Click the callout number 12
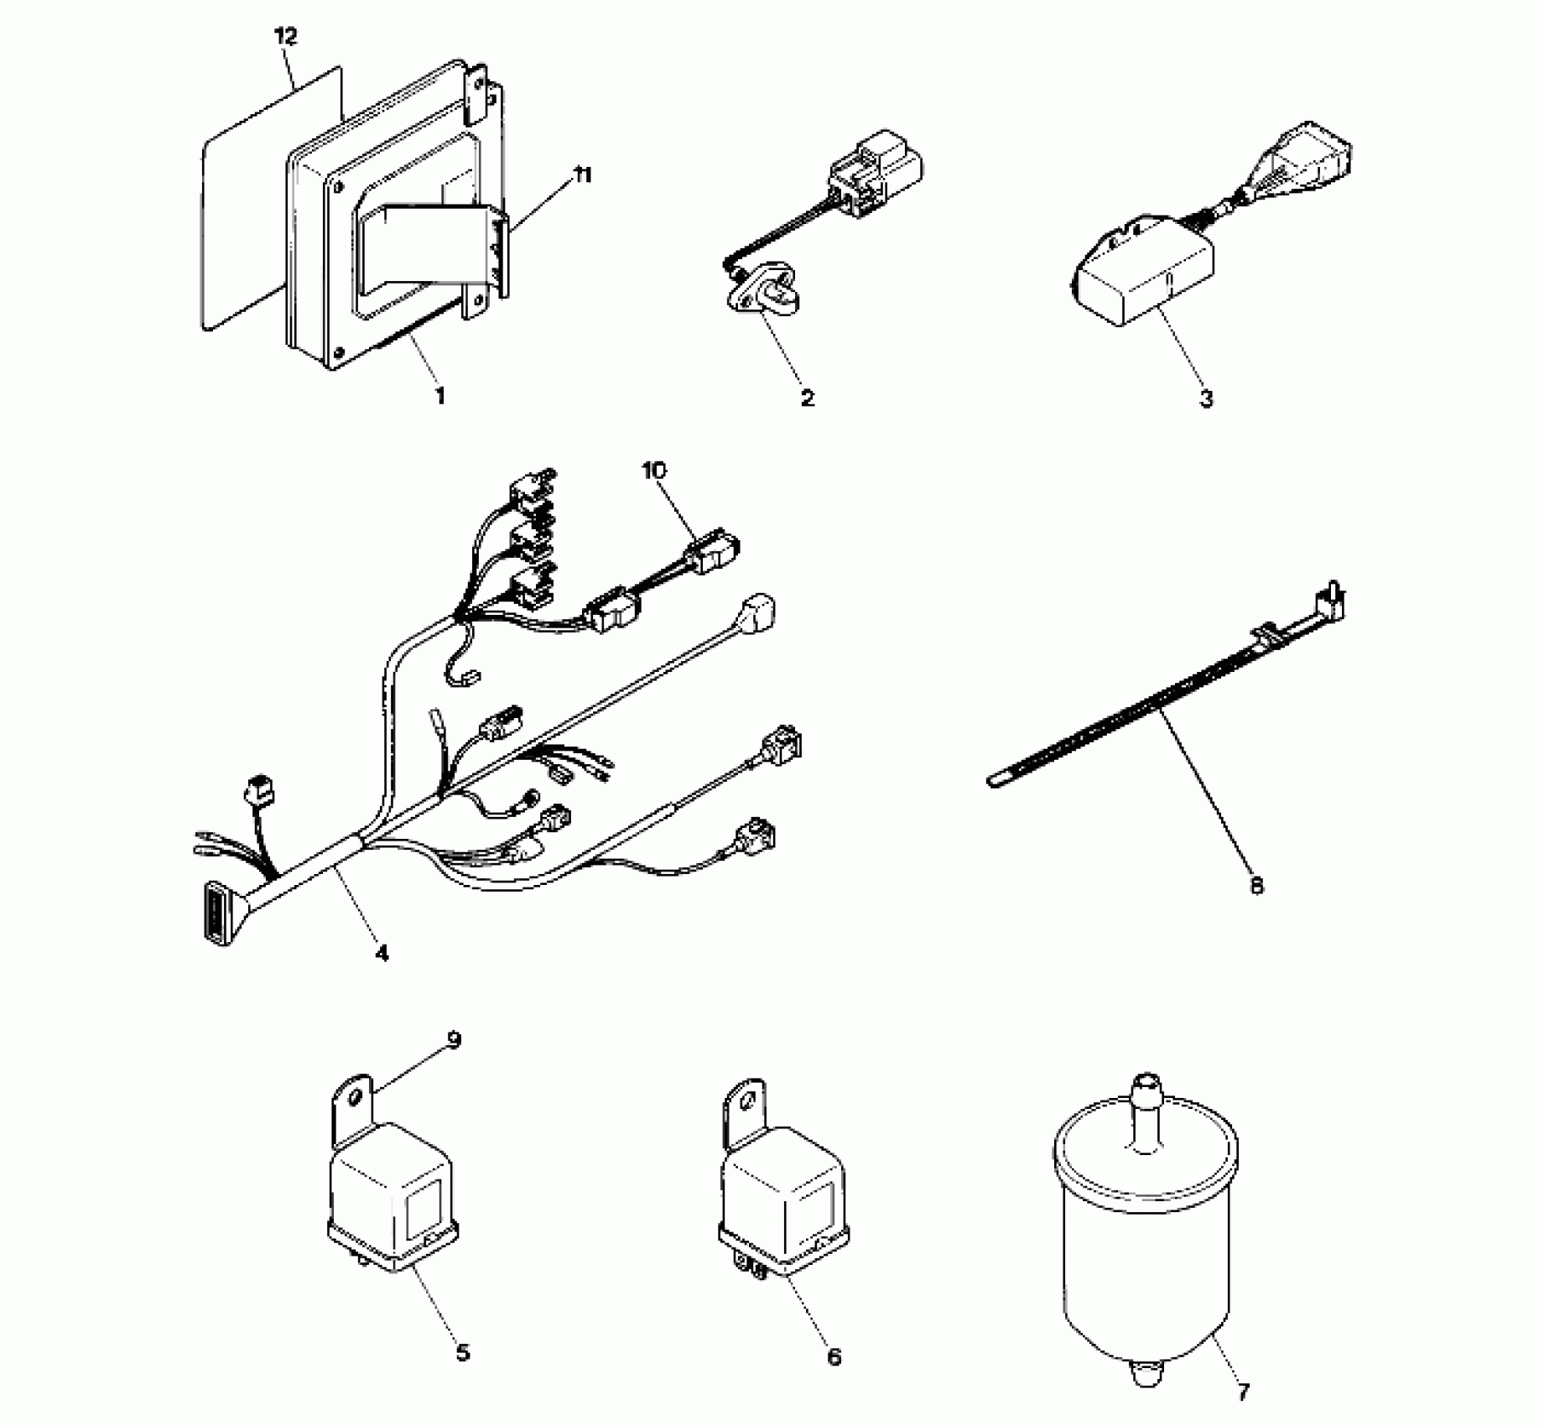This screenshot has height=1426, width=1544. point(285,36)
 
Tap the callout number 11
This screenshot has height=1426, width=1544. point(581,175)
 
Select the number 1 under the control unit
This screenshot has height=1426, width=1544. point(439,395)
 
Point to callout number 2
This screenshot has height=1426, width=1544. point(807,398)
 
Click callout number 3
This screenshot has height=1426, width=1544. point(1206,398)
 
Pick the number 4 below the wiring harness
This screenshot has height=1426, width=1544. point(382,953)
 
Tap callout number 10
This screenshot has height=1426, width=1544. point(654,471)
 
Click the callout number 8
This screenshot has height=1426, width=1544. point(1256,886)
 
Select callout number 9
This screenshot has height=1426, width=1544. point(454,1041)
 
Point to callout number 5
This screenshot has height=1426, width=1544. point(462,1352)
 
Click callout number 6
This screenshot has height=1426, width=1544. point(834,1356)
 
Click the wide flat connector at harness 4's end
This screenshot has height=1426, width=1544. point(215,914)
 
